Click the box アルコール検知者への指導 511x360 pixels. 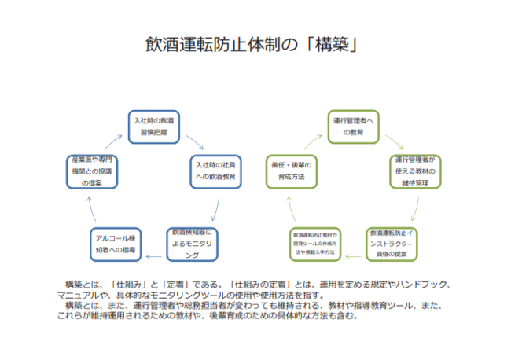point(115,244)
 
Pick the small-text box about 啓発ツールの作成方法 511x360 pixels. point(314,244)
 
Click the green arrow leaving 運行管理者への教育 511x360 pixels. point(395,142)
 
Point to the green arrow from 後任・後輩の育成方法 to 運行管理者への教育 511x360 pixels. point(308,142)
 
